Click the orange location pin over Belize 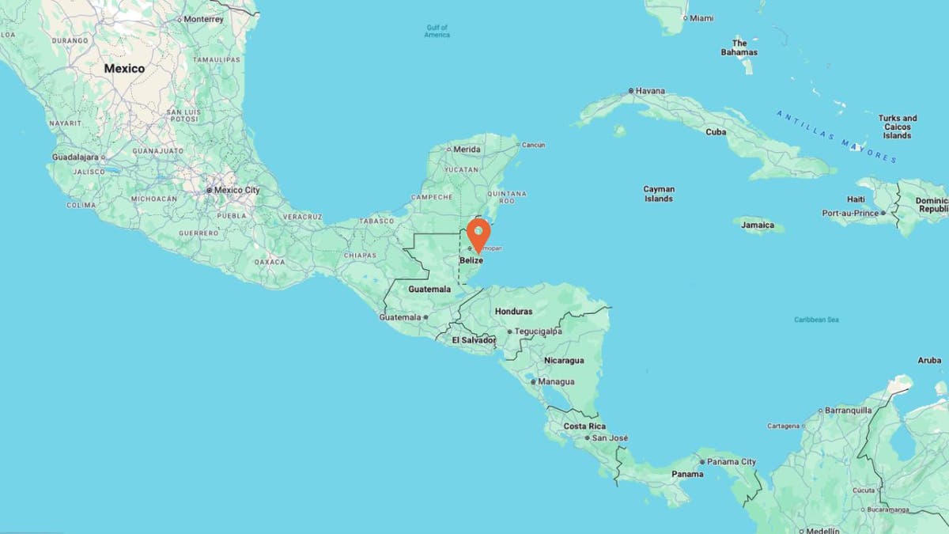pos(478,233)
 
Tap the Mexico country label pos(124,69)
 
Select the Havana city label pos(650,91)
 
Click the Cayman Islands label pos(659,194)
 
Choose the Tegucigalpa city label pos(539,331)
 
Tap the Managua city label pos(556,381)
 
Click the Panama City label pos(732,462)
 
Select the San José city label pos(610,437)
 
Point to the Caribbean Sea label pos(816,320)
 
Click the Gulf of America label pos(437,32)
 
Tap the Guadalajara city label pos(74,157)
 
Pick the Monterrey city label pos(203,18)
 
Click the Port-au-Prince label pos(850,213)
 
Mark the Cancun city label pos(533,145)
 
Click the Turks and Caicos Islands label pos(898,127)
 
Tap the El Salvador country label pos(473,340)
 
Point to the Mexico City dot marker pos(210,190)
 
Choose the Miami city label pos(701,17)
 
